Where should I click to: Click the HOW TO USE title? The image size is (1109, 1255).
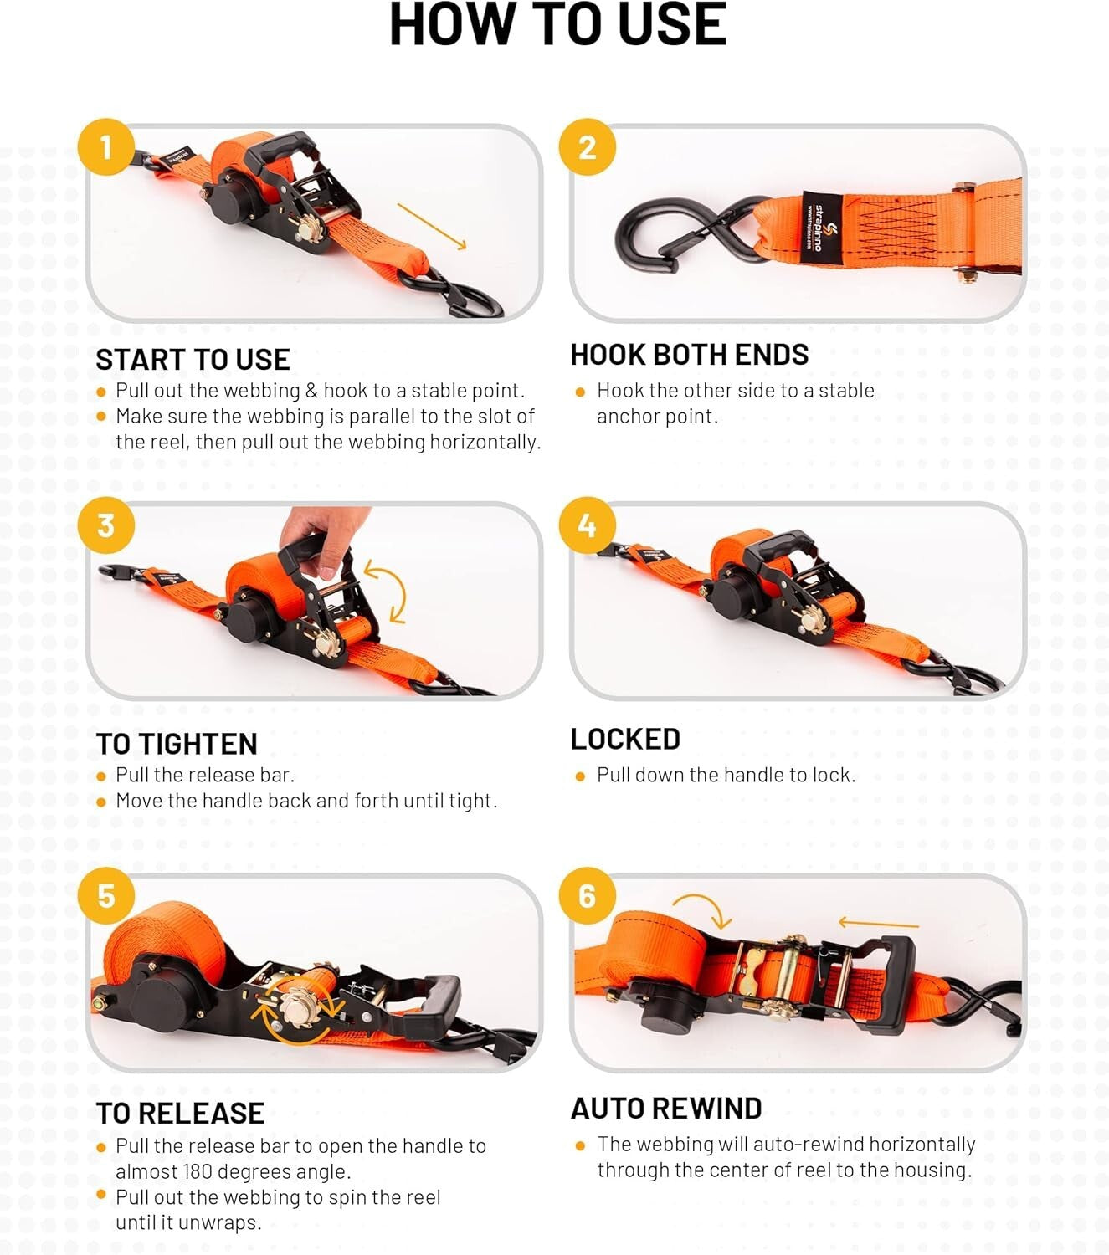[x=557, y=25]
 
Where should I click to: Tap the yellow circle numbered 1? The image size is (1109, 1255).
[x=106, y=147]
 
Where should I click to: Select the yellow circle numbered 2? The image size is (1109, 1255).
[x=588, y=147]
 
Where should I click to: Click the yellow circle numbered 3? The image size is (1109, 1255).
[x=106, y=525]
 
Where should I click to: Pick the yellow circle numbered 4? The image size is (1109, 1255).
[x=588, y=525]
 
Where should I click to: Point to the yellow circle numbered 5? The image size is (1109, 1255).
[x=106, y=896]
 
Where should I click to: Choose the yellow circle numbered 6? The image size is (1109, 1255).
[x=588, y=896]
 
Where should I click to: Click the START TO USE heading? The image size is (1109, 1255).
[x=193, y=360]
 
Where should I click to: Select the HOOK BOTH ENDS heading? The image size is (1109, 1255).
[x=689, y=355]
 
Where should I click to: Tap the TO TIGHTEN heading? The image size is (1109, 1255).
[x=177, y=744]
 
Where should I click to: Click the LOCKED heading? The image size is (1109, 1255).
[x=625, y=739]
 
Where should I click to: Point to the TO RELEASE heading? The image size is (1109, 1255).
[x=180, y=1114]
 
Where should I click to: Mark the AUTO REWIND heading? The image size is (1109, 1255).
[x=666, y=1109]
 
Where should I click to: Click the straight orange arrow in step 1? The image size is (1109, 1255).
[x=432, y=226]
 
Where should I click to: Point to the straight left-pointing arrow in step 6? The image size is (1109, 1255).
[x=878, y=924]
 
